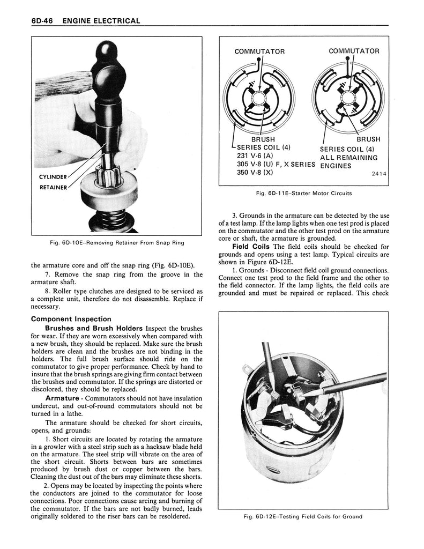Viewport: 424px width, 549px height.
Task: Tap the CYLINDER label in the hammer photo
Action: tap(53, 176)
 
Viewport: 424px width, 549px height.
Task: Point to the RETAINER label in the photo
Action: tap(53, 188)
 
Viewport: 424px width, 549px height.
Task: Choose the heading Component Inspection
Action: tap(71, 319)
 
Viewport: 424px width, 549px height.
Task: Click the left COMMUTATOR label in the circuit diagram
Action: tap(259, 51)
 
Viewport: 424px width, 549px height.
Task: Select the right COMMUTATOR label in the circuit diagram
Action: tap(354, 51)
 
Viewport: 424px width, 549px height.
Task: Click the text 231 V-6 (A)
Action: tap(255, 156)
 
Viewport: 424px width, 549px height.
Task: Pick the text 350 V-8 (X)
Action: tap(255, 172)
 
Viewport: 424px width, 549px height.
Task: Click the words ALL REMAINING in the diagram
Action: tap(349, 158)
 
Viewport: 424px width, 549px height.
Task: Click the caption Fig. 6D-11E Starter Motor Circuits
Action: tap(303, 194)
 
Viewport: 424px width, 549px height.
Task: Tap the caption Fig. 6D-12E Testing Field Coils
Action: tap(303, 517)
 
